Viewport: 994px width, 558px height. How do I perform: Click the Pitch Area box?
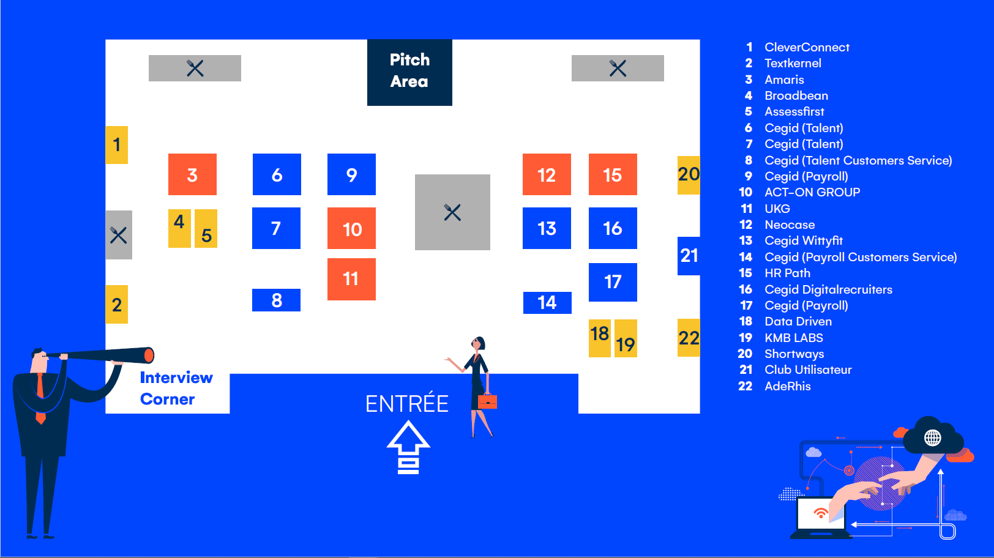409,72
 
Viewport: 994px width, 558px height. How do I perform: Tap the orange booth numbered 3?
192,174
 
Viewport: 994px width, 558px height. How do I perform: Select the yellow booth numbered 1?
116,145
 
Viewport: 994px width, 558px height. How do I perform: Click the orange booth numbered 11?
351,279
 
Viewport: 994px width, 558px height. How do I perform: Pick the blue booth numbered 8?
276,300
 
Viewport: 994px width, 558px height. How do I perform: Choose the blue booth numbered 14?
547,302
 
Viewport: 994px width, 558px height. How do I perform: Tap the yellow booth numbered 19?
626,339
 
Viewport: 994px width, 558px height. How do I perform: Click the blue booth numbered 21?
689,256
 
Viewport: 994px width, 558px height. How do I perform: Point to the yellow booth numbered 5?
206,229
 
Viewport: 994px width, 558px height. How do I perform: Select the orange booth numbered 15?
613,174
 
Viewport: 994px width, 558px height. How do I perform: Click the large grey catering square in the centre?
452,212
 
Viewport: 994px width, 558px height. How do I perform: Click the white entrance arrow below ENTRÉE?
408,448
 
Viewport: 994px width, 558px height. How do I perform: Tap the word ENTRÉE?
407,404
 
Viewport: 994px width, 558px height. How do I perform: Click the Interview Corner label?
176,388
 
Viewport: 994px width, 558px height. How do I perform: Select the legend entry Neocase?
790,225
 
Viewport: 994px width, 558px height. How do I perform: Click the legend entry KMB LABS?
793,338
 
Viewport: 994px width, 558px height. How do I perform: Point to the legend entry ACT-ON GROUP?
812,192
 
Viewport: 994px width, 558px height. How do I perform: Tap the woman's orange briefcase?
487,401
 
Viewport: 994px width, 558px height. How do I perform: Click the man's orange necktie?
40,395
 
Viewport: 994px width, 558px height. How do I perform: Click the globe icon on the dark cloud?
932,437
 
